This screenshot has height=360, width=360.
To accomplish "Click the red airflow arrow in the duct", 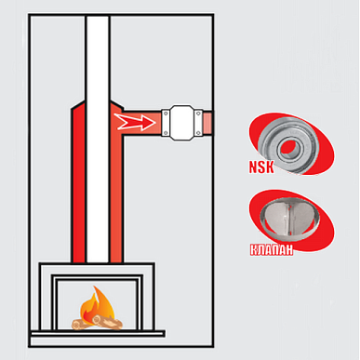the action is [135, 122].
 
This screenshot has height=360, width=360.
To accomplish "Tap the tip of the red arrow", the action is [155, 122].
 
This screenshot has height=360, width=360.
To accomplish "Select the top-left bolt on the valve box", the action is [166, 113].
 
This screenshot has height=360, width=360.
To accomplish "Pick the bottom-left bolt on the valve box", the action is [166, 133].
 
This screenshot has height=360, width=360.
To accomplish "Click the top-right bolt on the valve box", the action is [198, 113].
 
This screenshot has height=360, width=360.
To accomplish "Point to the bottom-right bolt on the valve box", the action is [198, 133].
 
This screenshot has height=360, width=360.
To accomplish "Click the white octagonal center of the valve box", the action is [182, 123].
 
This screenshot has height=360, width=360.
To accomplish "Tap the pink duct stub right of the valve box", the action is [207, 124].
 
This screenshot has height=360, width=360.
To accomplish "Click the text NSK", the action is [262, 167].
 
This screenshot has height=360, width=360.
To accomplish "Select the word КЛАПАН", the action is [272, 250].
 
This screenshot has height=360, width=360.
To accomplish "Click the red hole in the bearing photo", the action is [289, 148].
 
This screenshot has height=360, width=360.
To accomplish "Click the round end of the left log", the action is [76, 325].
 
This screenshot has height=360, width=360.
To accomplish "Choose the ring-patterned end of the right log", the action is [97, 319].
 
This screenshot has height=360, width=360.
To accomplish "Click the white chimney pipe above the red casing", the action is [98, 59].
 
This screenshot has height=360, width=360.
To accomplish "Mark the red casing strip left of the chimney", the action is [78, 183].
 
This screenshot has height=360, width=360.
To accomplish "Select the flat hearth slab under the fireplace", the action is [98, 334].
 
